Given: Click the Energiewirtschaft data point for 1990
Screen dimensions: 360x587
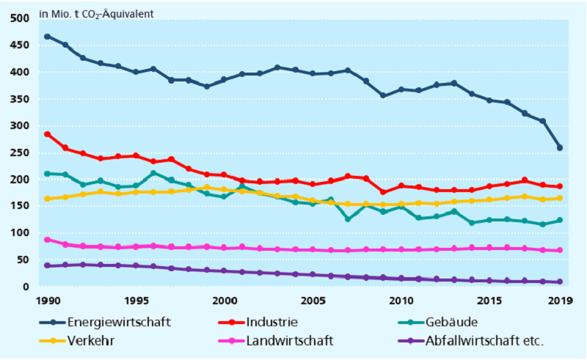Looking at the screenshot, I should pyautogui.click(x=47, y=36).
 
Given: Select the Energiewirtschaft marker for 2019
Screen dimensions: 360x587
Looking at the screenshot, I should pyautogui.click(x=560, y=148).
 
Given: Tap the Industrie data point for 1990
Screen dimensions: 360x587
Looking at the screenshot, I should pyautogui.click(x=47, y=134).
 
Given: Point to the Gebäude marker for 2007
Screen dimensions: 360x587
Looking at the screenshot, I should pyautogui.click(x=348, y=218).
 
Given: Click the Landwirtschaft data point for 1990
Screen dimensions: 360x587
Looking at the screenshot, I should pyautogui.click(x=47, y=240).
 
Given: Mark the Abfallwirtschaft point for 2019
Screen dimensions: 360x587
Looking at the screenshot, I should pyautogui.click(x=560, y=282).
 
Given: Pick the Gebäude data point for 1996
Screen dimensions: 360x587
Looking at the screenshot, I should pyautogui.click(x=153, y=174).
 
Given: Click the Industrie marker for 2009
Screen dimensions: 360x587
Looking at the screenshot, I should pyautogui.click(x=383, y=192).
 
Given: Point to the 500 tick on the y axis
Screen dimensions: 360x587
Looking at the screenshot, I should pyautogui.click(x=21, y=18).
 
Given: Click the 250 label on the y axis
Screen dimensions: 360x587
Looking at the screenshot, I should pyautogui.click(x=21, y=153).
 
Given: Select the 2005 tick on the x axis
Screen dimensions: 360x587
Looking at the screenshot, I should pyautogui.click(x=312, y=300).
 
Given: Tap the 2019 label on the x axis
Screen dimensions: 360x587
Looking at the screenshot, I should pyautogui.click(x=560, y=300).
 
